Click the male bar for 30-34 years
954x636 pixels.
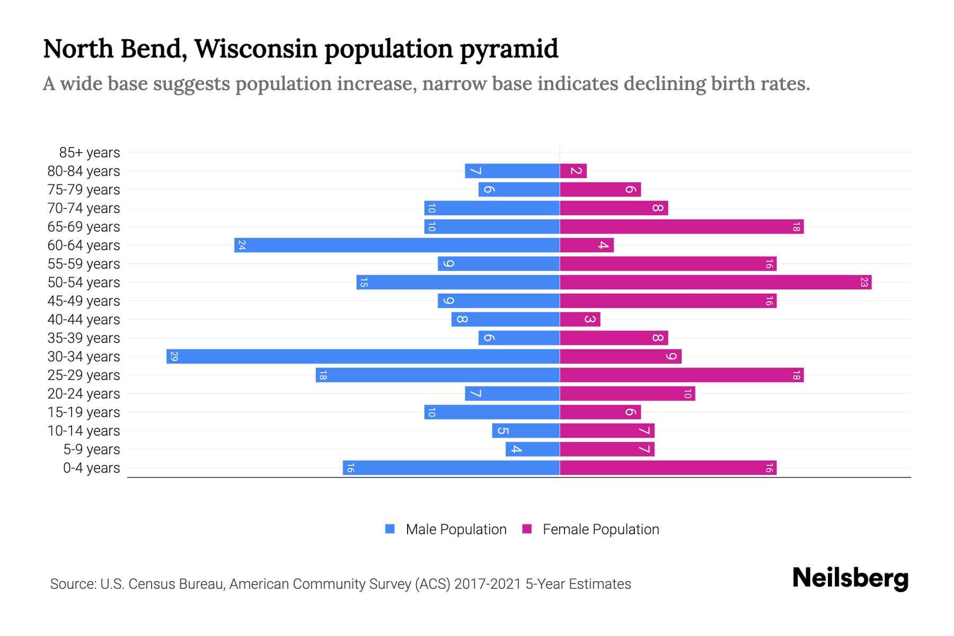pos(363,356)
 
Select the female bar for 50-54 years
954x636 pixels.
pos(715,282)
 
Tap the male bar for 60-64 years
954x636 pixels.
pos(397,245)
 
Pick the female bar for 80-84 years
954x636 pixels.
pos(573,171)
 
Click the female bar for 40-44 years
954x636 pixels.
pos(580,319)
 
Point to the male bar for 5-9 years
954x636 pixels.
pos(533,449)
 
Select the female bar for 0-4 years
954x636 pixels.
pos(668,467)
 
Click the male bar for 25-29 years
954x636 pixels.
pos(438,375)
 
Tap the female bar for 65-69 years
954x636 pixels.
pos(682,226)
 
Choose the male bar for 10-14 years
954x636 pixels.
pos(526,430)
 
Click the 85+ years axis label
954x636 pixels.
pos(90,153)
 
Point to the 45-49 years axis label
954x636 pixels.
pos(84,301)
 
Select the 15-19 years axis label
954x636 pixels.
pos(84,412)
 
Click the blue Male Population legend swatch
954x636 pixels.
pos(390,529)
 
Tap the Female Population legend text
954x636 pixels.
pos(600,529)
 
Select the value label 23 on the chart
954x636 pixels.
pos(864,282)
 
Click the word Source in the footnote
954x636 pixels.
pos(73,584)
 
